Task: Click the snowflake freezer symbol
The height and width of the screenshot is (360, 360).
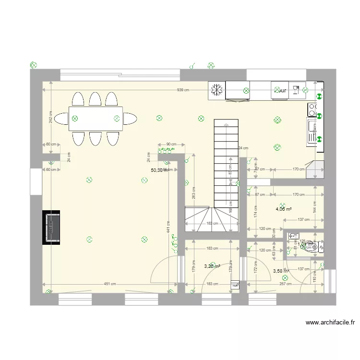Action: (217, 90)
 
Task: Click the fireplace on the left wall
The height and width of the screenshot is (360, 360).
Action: (51, 228)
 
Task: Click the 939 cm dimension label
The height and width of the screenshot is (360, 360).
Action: (182, 90)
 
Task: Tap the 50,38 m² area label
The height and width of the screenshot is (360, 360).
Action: (159, 170)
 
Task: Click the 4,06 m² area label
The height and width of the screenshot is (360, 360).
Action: (283, 209)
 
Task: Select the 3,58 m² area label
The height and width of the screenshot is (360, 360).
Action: (281, 271)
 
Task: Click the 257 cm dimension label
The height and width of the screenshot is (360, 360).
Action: (286, 284)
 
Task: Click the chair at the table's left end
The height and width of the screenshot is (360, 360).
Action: (61, 119)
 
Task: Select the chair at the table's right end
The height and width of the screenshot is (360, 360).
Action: (130, 119)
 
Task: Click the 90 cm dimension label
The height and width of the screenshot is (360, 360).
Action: (171, 144)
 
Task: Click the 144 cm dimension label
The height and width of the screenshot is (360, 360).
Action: (315, 206)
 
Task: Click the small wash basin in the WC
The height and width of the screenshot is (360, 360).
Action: (293, 236)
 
